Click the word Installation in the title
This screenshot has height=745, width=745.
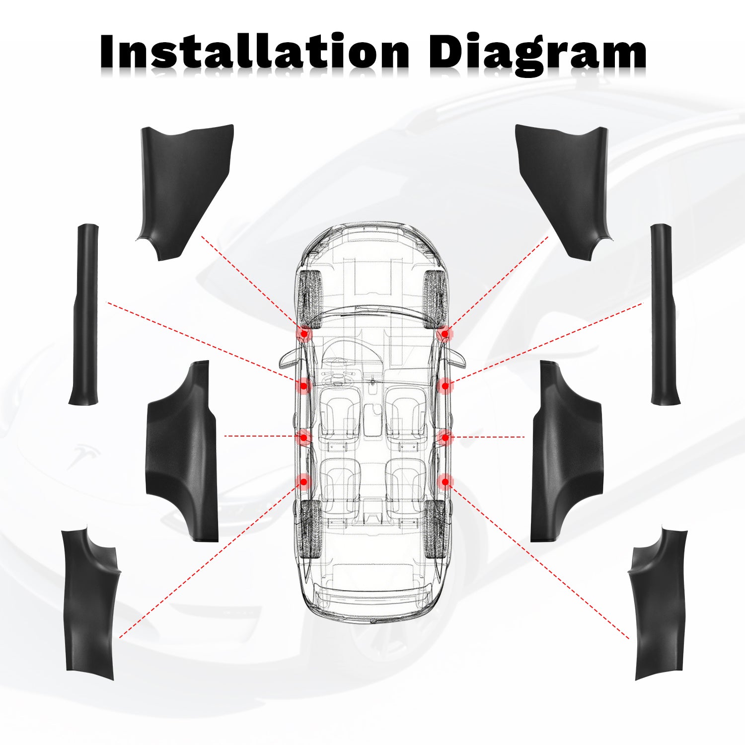tap(254, 52)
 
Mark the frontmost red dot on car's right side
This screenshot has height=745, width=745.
tap(446, 334)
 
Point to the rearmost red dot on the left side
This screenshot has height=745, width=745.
tap(303, 481)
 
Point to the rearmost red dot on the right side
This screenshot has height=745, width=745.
tap(446, 481)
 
